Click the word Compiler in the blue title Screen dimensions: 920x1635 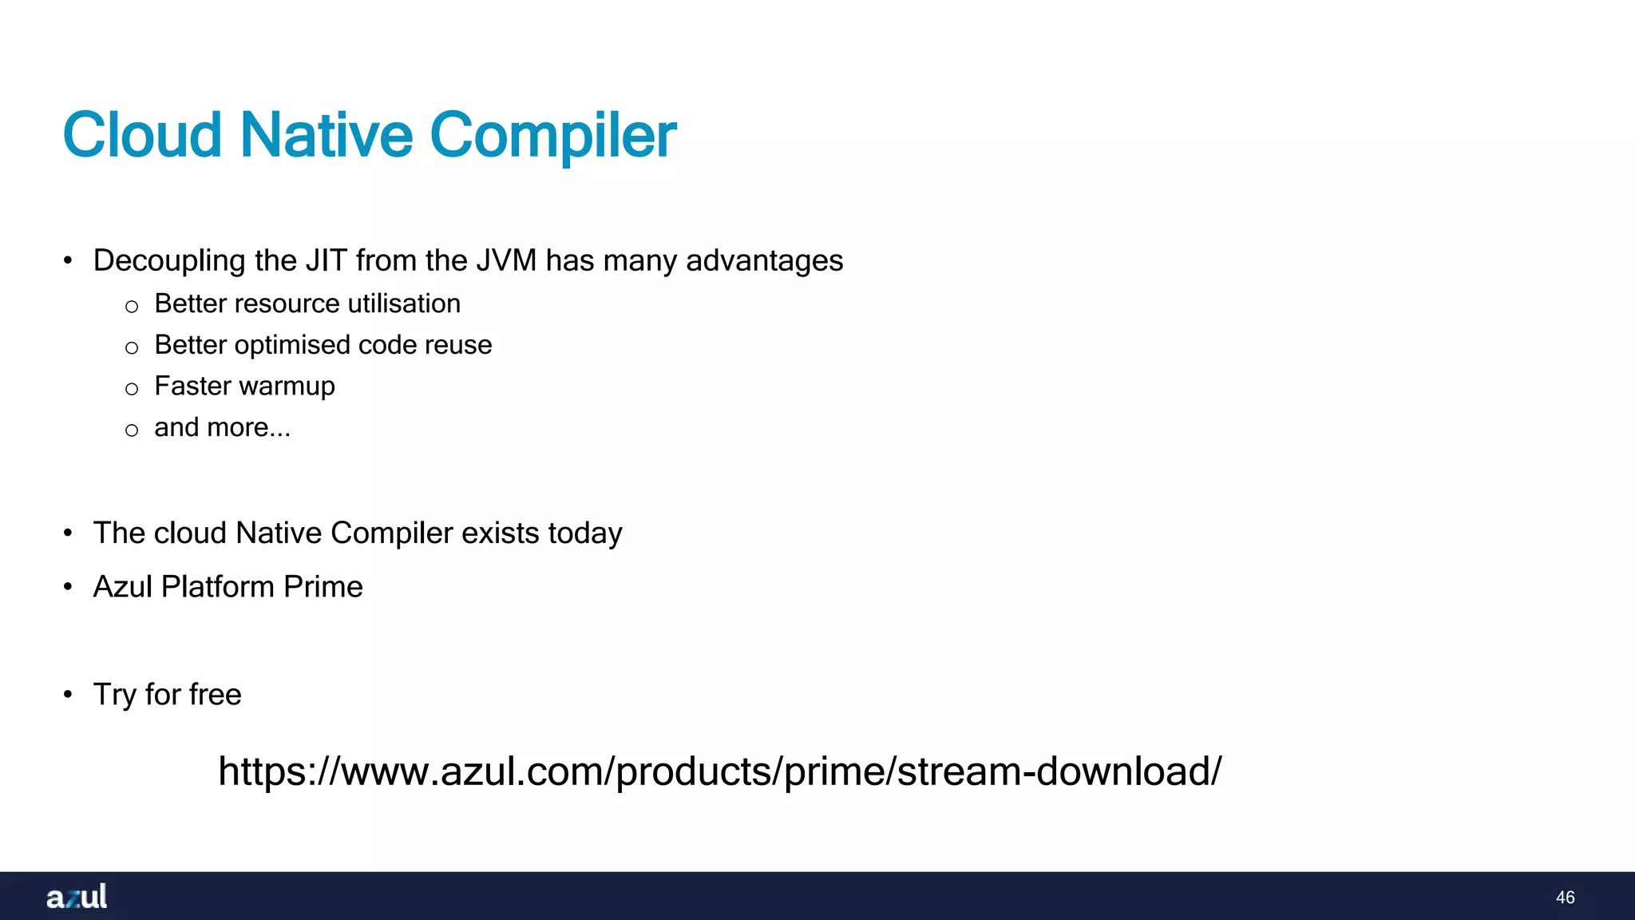coord(552,135)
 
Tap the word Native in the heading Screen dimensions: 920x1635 coord(326,135)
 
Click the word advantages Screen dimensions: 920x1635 coord(764,260)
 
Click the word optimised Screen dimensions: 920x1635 coord(292,345)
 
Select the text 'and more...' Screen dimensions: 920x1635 coord(222,428)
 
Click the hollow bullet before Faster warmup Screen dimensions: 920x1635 coord(132,389)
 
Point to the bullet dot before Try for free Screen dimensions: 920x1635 coord(68,695)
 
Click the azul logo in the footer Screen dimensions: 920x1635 coord(77,897)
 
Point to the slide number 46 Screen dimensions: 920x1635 coord(1565,898)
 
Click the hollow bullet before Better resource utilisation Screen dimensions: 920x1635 coord(132,307)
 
